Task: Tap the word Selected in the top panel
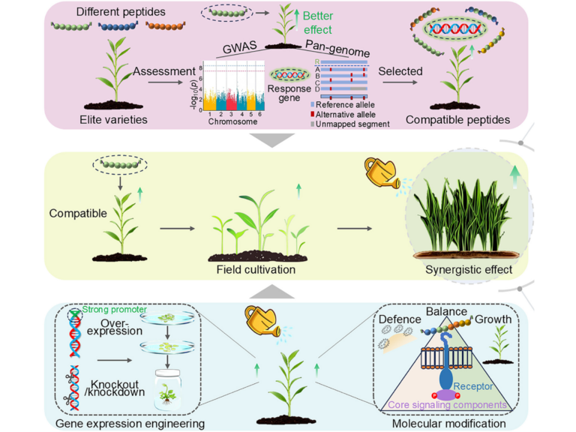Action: tap(400, 71)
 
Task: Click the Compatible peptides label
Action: tap(457, 119)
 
